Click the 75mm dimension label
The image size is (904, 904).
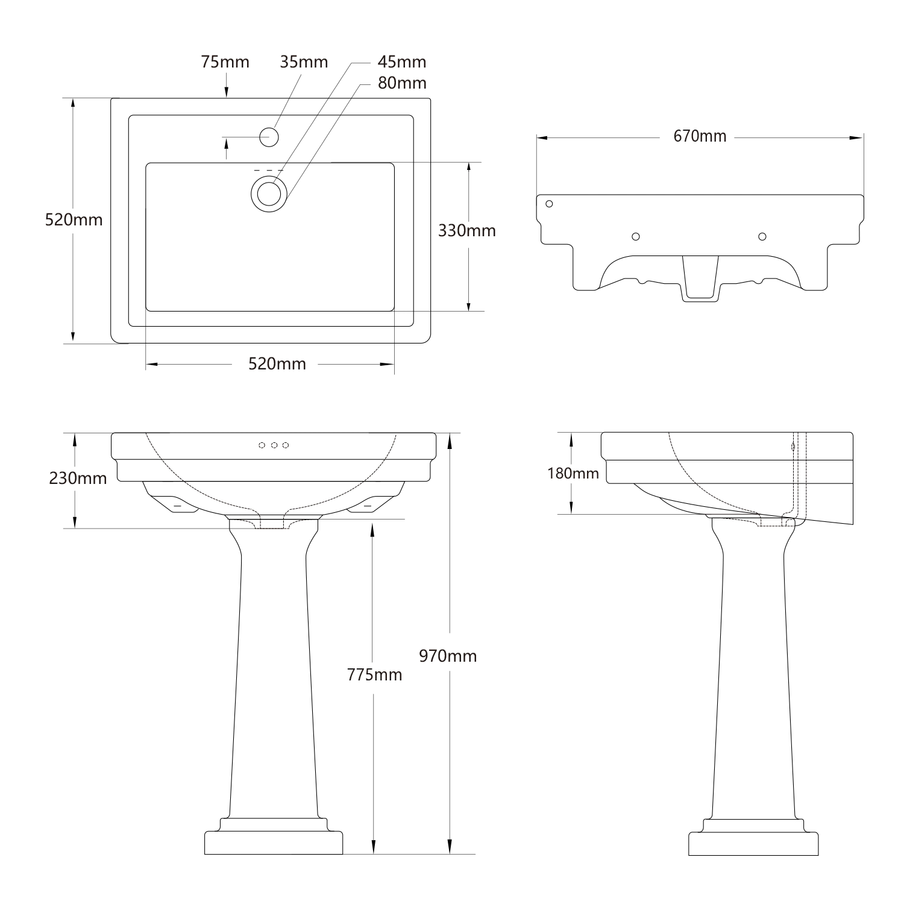pyautogui.click(x=225, y=62)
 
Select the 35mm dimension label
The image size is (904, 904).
pyautogui.click(x=304, y=62)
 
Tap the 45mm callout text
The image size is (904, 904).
pyautogui.click(x=402, y=62)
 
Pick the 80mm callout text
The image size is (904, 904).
pyautogui.click(x=402, y=83)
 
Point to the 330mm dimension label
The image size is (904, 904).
pyautogui.click(x=466, y=231)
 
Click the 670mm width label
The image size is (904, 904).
pyautogui.click(x=700, y=137)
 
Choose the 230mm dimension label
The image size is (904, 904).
pyautogui.click(x=78, y=479)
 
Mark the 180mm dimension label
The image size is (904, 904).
pyautogui.click(x=573, y=474)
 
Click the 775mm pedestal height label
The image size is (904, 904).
pyautogui.click(x=374, y=675)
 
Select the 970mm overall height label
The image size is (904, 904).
pyautogui.click(x=448, y=656)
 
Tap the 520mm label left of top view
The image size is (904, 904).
pyautogui.click(x=74, y=220)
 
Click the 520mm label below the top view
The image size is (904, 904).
pyautogui.click(x=277, y=364)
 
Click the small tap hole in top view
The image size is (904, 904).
pyautogui.click(x=269, y=137)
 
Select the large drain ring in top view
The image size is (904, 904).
pyautogui.click(x=269, y=193)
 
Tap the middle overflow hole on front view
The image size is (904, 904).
pyautogui.click(x=274, y=445)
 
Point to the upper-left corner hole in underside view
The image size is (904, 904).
pyautogui.click(x=549, y=204)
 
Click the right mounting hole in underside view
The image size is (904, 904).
pyautogui.click(x=762, y=236)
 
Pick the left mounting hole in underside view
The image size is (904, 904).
pyautogui.click(x=635, y=236)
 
